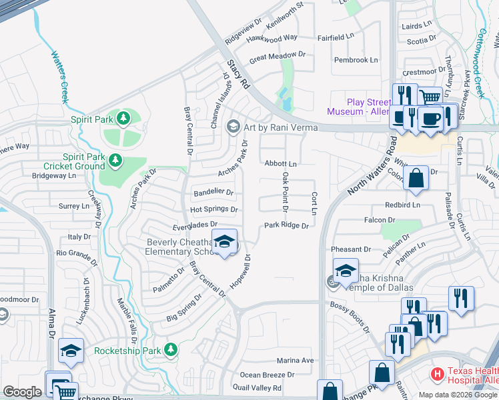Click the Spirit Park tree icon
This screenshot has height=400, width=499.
pyautogui.click(x=122, y=119)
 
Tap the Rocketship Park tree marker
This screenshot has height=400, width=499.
pyautogui.click(x=171, y=349)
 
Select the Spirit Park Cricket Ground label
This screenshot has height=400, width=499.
pyautogui.click(x=74, y=161)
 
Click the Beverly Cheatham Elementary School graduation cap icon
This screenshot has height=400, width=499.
pyautogui.click(x=225, y=242)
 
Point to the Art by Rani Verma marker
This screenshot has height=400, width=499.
pyautogui.click(x=233, y=125)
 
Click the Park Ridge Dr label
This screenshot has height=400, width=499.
pyautogui.click(x=286, y=225)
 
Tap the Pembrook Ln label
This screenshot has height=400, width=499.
pyautogui.click(x=356, y=60)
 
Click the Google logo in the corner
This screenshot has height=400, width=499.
pyautogui.click(x=22, y=392)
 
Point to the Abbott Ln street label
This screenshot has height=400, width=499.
pyautogui.click(x=280, y=163)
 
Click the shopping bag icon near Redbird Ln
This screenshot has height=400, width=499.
pyautogui.click(x=416, y=178)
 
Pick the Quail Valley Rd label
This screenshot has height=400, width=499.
pyautogui.click(x=257, y=387)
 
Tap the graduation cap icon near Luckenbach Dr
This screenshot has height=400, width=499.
pyautogui.click(x=71, y=350)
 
